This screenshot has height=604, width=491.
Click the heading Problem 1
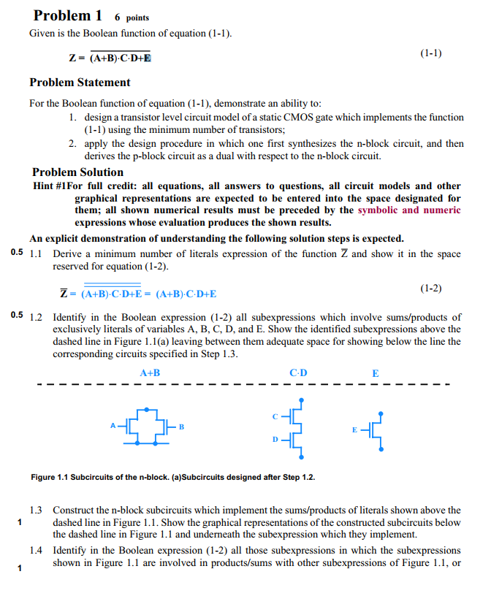pyautogui.click(x=67, y=15)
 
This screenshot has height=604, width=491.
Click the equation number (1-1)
pyautogui.click(x=431, y=53)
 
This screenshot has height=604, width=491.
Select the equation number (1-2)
pyautogui.click(x=431, y=288)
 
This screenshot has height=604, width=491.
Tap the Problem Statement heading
pyautogui.click(x=80, y=83)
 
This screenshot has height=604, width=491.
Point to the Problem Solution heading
pyautogui.click(x=77, y=172)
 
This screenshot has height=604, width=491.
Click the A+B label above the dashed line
pyautogui.click(x=150, y=373)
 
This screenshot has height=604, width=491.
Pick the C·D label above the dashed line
pyautogui.click(x=298, y=373)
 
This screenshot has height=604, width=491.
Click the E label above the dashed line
pyautogui.click(x=376, y=373)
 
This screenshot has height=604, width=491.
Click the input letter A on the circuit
pyautogui.click(x=113, y=424)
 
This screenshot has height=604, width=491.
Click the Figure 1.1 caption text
pyautogui.click(x=174, y=478)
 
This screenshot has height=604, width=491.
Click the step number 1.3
pyautogui.click(x=37, y=511)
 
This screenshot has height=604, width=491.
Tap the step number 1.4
pyautogui.click(x=37, y=550)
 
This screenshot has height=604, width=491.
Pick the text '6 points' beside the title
pyautogui.click(x=132, y=18)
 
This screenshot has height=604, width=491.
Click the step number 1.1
pyautogui.click(x=37, y=254)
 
